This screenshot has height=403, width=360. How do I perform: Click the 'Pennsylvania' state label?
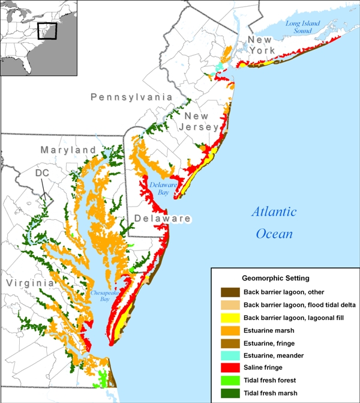click(x=131, y=97)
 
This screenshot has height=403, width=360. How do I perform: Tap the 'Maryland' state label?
click(x=68, y=149)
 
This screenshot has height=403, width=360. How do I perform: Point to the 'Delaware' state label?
click(x=162, y=219)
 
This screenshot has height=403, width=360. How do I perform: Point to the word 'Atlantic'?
click(x=273, y=211)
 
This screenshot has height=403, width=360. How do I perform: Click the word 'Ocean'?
click(x=274, y=233)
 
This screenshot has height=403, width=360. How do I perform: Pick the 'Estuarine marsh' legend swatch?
click(x=228, y=330)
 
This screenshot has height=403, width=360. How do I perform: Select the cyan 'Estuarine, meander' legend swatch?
click(x=228, y=356)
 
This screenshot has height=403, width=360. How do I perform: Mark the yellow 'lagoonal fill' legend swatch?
click(x=228, y=318)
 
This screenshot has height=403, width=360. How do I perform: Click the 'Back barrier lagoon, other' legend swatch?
click(x=228, y=292)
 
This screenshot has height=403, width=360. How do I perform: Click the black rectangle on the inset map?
click(x=46, y=31)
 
